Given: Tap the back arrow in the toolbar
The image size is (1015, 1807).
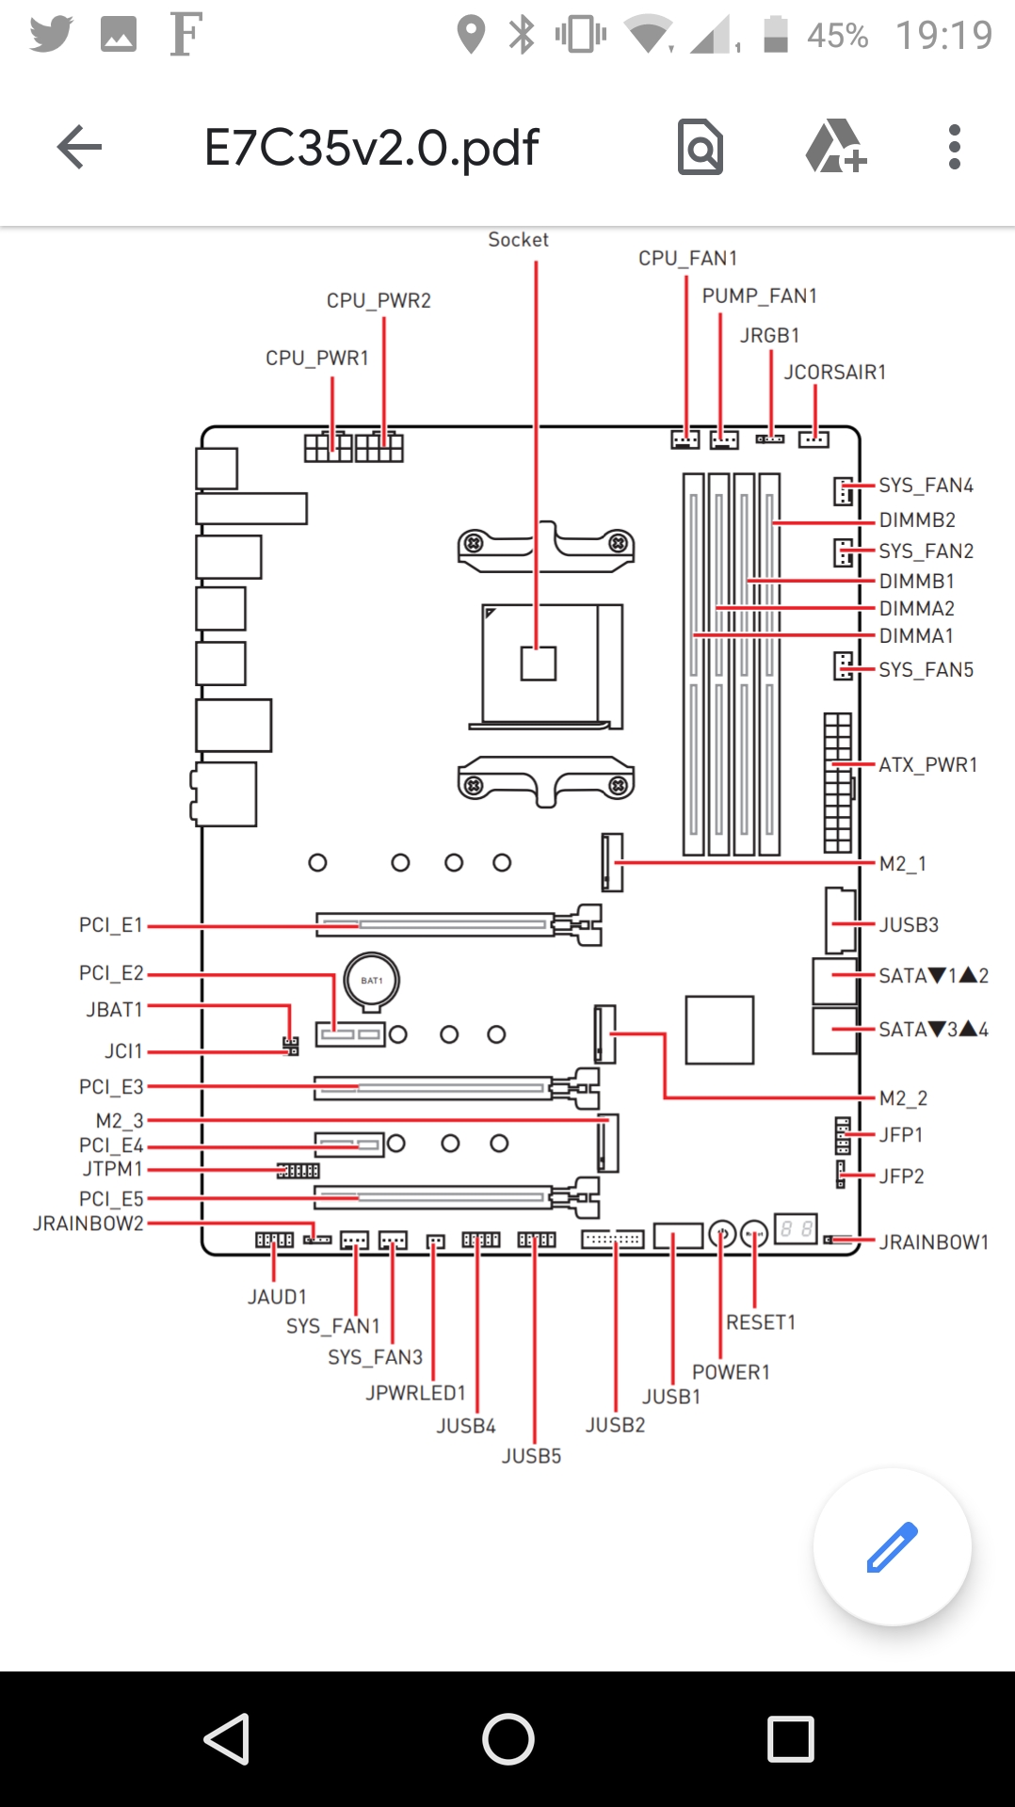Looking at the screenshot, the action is coord(79,147).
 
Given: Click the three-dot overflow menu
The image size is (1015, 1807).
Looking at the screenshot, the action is coord(954,147).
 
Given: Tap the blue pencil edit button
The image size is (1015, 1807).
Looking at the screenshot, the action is coord(892,1546).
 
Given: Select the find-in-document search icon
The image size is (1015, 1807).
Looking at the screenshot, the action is coord(701,147).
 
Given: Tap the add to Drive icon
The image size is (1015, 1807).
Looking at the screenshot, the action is coord(835,147).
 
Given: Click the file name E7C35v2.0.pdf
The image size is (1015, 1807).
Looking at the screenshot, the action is coord(371,148).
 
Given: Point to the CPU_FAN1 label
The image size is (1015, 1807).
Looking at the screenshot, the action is coord(687,258).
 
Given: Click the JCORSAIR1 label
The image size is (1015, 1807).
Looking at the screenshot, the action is coord(834,372).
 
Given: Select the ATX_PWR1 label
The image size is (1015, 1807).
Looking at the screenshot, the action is coord(927,764).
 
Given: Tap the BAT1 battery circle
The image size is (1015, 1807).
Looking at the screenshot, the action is coord(371,980).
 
